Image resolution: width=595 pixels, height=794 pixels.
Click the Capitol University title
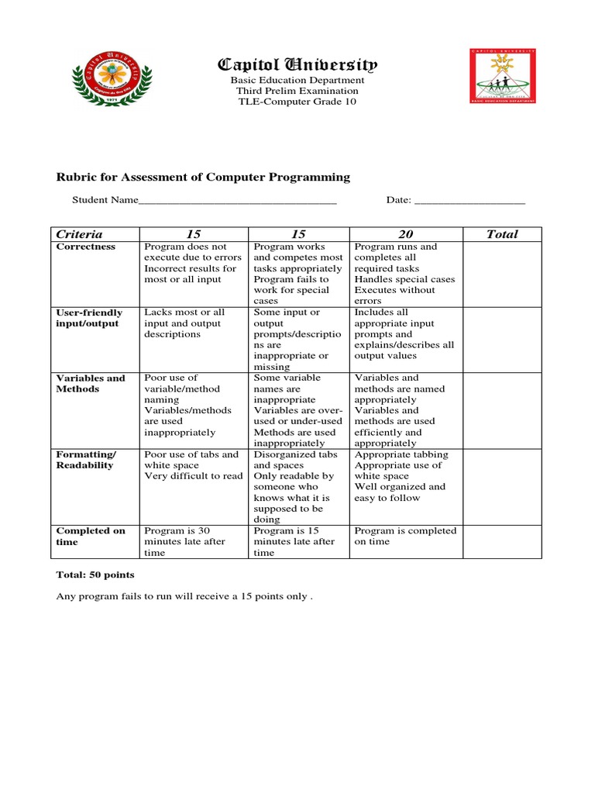297,64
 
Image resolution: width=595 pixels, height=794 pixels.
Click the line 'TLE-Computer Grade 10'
297,102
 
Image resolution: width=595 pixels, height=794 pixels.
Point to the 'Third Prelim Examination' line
297,91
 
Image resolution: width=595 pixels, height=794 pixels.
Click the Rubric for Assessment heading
203,177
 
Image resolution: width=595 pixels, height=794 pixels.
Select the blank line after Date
469,201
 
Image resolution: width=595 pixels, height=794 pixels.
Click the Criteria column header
79,234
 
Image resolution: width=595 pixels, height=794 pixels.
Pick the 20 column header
406,234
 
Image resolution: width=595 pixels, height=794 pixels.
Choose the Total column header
501,234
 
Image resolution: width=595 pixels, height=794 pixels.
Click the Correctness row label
86,247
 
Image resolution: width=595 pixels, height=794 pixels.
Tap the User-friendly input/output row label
89,318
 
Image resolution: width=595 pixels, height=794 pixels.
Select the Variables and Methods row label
90,383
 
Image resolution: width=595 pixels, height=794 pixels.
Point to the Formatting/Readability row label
86,460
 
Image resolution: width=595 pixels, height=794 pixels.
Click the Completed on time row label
90,537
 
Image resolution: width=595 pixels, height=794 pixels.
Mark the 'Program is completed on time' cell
405,537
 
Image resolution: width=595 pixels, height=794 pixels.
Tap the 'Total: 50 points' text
95,575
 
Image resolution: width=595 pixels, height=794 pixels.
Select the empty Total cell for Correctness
501,274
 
